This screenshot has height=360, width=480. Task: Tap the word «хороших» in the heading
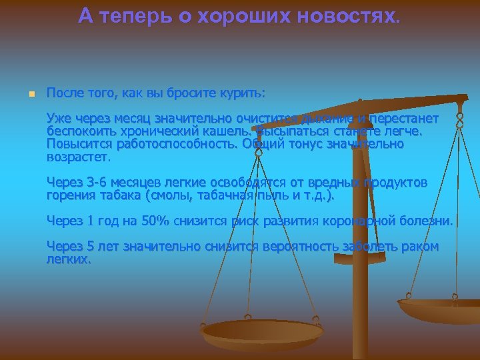pyautogui.click(x=249, y=17)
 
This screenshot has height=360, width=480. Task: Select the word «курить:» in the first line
pyautogui.click(x=243, y=92)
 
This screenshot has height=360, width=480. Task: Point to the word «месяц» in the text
pyautogui.click(x=131, y=119)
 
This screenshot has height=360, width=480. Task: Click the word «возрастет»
pyautogui.click(x=76, y=157)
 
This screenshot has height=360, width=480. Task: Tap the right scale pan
pyautogui.click(x=440, y=308)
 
